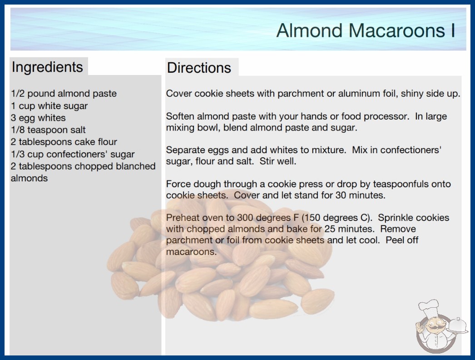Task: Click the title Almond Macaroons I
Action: click(x=366, y=30)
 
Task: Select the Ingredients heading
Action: click(x=47, y=67)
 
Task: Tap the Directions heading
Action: click(x=199, y=68)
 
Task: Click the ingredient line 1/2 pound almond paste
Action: click(x=64, y=94)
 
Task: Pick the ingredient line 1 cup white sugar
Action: click(x=49, y=106)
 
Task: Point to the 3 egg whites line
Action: click(x=38, y=118)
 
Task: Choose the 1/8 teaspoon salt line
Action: click(x=48, y=130)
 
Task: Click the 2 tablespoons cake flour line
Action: click(x=64, y=142)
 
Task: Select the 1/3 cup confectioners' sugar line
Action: click(x=73, y=154)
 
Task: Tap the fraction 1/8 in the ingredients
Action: click(x=18, y=130)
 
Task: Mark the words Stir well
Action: click(x=278, y=161)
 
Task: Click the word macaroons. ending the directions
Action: click(x=192, y=252)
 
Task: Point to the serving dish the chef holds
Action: click(x=457, y=326)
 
